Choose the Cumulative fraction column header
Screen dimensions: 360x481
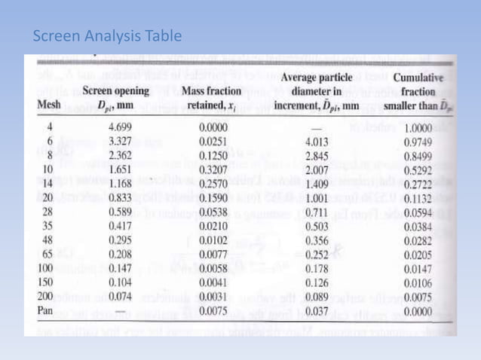418,90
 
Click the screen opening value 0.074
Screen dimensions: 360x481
121,296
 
